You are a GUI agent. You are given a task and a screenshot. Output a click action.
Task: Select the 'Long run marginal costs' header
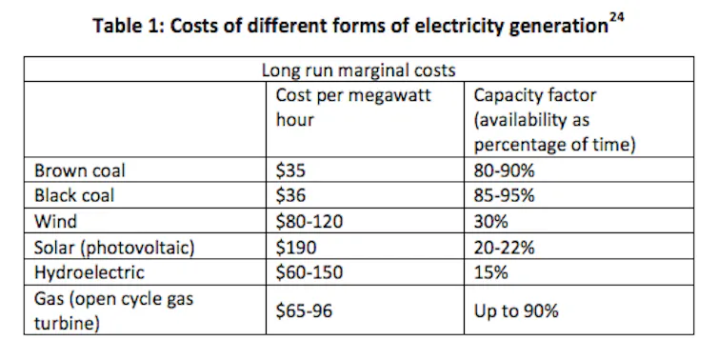(359, 70)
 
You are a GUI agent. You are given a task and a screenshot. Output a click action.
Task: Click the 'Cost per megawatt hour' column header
(353, 108)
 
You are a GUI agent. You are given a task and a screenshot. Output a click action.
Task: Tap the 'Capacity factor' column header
(554, 120)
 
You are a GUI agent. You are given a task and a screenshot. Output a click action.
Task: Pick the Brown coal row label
(79, 170)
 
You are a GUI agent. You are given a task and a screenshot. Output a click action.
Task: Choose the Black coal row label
(73, 195)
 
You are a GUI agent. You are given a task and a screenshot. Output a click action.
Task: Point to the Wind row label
(55, 221)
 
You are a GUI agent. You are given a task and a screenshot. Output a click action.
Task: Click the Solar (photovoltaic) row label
(114, 248)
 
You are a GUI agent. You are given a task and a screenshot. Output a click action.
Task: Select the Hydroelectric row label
(90, 272)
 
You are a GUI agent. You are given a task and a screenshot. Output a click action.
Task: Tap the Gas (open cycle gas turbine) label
(113, 311)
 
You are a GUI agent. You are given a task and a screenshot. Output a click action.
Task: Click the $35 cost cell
(290, 170)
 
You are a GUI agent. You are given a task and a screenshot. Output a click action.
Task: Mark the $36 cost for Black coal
(290, 195)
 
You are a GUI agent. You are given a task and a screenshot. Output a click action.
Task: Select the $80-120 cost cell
(309, 221)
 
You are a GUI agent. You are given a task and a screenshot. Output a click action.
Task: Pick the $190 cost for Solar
(296, 248)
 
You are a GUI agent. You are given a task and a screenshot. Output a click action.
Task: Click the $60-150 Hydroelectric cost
(309, 272)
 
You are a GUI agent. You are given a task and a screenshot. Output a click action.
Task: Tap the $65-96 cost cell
(304, 311)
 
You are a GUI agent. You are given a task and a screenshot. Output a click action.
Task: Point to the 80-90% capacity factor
(504, 170)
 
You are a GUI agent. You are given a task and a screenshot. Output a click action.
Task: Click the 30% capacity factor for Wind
(490, 221)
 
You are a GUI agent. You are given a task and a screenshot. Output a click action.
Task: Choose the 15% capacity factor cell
(490, 272)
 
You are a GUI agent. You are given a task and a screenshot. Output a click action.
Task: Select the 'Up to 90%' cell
(516, 311)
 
